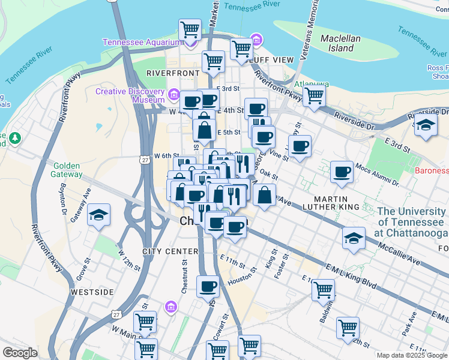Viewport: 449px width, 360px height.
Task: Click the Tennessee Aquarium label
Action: click(142, 42)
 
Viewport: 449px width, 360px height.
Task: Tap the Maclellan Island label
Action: click(340, 43)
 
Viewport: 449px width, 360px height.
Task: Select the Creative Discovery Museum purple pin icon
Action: click(174, 94)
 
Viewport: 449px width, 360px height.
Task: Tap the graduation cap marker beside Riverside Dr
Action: click(426, 126)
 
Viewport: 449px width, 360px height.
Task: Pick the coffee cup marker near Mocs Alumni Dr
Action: click(342, 172)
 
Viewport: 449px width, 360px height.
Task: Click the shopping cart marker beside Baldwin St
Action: click(323, 290)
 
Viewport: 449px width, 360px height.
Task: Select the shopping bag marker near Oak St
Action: click(264, 194)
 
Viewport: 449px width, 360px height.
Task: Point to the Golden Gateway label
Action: click(68, 170)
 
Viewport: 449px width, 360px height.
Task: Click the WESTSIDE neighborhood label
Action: click(92, 292)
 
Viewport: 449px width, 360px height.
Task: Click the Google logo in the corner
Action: click(20, 353)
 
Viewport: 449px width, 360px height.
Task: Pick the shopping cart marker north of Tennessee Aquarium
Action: click(190, 28)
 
